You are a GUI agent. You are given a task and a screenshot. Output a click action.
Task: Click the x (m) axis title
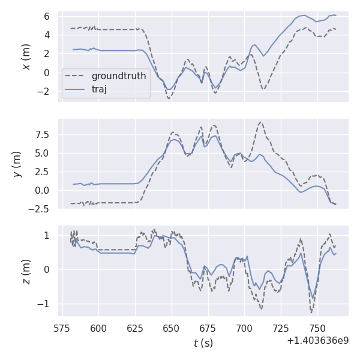pyautogui.click(x=26, y=56)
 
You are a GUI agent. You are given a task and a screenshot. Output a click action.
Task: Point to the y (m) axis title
pyautogui.click(x=17, y=164)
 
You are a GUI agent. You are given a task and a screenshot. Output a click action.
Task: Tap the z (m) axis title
pyautogui.click(x=26, y=271)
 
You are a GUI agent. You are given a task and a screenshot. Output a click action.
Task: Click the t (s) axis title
pyautogui.click(x=203, y=343)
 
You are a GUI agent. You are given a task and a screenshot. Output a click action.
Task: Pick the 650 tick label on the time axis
pyautogui.click(x=172, y=328)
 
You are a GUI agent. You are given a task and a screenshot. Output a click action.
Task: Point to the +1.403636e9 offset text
pyautogui.click(x=318, y=341)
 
